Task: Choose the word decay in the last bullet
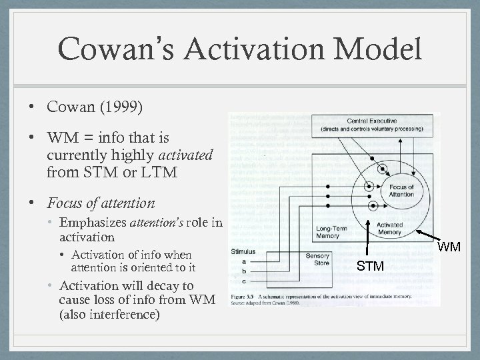pos(171,286)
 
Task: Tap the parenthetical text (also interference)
pos(110,313)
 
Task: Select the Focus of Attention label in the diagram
pos(403,191)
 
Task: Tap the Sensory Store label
pos(317,259)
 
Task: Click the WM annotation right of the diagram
pos(450,247)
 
